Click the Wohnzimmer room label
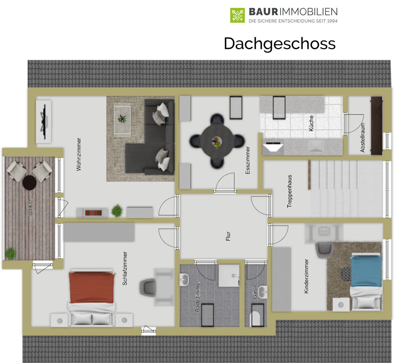79,154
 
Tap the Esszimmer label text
247,160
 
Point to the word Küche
311,123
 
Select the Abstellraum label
363,138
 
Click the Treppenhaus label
289,191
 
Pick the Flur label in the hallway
228,236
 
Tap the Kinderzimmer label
306,276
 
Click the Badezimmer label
197,296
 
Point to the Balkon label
30,207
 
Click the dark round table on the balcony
30,182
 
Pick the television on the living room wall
44,122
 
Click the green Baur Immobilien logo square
237,15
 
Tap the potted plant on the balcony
10,254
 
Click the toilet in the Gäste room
257,315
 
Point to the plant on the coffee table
122,119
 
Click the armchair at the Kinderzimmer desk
324,250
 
